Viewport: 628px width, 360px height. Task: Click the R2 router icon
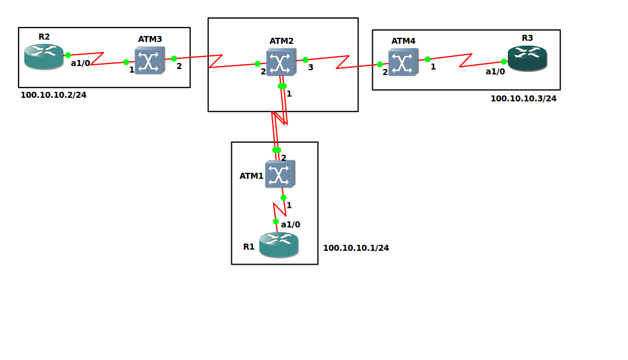(44, 56)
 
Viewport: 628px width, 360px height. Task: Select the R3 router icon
(527, 58)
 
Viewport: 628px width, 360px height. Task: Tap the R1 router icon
(279, 245)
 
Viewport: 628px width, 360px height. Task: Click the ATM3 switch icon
(149, 61)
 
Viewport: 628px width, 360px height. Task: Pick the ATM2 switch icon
(281, 62)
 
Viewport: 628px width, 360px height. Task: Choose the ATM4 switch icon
(403, 62)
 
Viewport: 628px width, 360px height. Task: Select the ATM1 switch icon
(280, 174)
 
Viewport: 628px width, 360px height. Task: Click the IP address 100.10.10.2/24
(53, 95)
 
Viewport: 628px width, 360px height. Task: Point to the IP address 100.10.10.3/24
(523, 98)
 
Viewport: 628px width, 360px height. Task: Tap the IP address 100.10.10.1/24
(355, 248)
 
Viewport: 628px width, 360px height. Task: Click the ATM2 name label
(281, 41)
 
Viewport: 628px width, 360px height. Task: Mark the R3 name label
(527, 38)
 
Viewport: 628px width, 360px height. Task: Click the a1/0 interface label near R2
(80, 63)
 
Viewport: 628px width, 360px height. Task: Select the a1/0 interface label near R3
(495, 71)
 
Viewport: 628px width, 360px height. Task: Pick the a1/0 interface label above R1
(290, 224)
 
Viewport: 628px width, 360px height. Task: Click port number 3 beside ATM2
(310, 67)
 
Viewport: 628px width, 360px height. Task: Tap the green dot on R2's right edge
(68, 55)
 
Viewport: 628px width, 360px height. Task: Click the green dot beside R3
(504, 61)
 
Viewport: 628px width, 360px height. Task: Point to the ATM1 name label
(251, 176)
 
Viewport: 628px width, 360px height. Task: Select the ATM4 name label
(403, 41)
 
